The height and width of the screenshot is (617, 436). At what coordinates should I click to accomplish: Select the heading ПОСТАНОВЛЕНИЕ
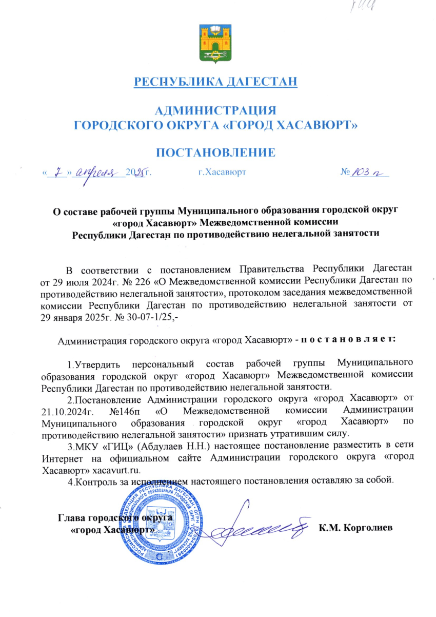point(215,152)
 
